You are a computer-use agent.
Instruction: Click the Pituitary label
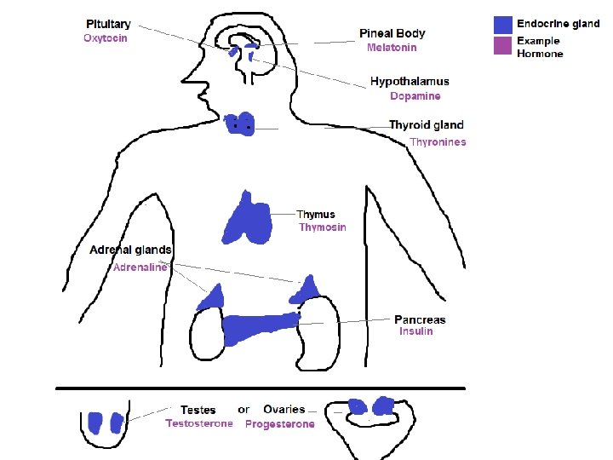click(x=108, y=25)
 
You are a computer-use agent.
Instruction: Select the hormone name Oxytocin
click(x=106, y=38)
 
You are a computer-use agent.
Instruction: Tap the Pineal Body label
click(x=392, y=33)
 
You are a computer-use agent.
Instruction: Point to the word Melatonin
click(x=392, y=48)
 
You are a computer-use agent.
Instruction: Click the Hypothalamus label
click(x=410, y=82)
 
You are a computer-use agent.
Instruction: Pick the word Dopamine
click(x=415, y=96)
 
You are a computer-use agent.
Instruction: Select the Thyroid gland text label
click(x=426, y=125)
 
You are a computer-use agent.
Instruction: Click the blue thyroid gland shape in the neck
click(x=239, y=124)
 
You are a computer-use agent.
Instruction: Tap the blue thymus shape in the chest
click(x=248, y=219)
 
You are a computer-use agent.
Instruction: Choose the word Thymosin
click(x=322, y=227)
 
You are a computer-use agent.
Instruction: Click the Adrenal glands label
click(x=131, y=250)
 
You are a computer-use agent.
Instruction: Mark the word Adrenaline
click(x=140, y=267)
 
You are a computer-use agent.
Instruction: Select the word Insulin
click(x=416, y=331)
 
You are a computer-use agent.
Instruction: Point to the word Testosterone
click(x=198, y=423)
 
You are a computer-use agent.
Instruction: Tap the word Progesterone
click(x=279, y=423)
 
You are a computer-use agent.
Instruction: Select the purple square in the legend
click(x=503, y=46)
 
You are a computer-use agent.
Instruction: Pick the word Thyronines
click(x=438, y=142)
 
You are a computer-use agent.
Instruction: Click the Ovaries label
click(x=284, y=410)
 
